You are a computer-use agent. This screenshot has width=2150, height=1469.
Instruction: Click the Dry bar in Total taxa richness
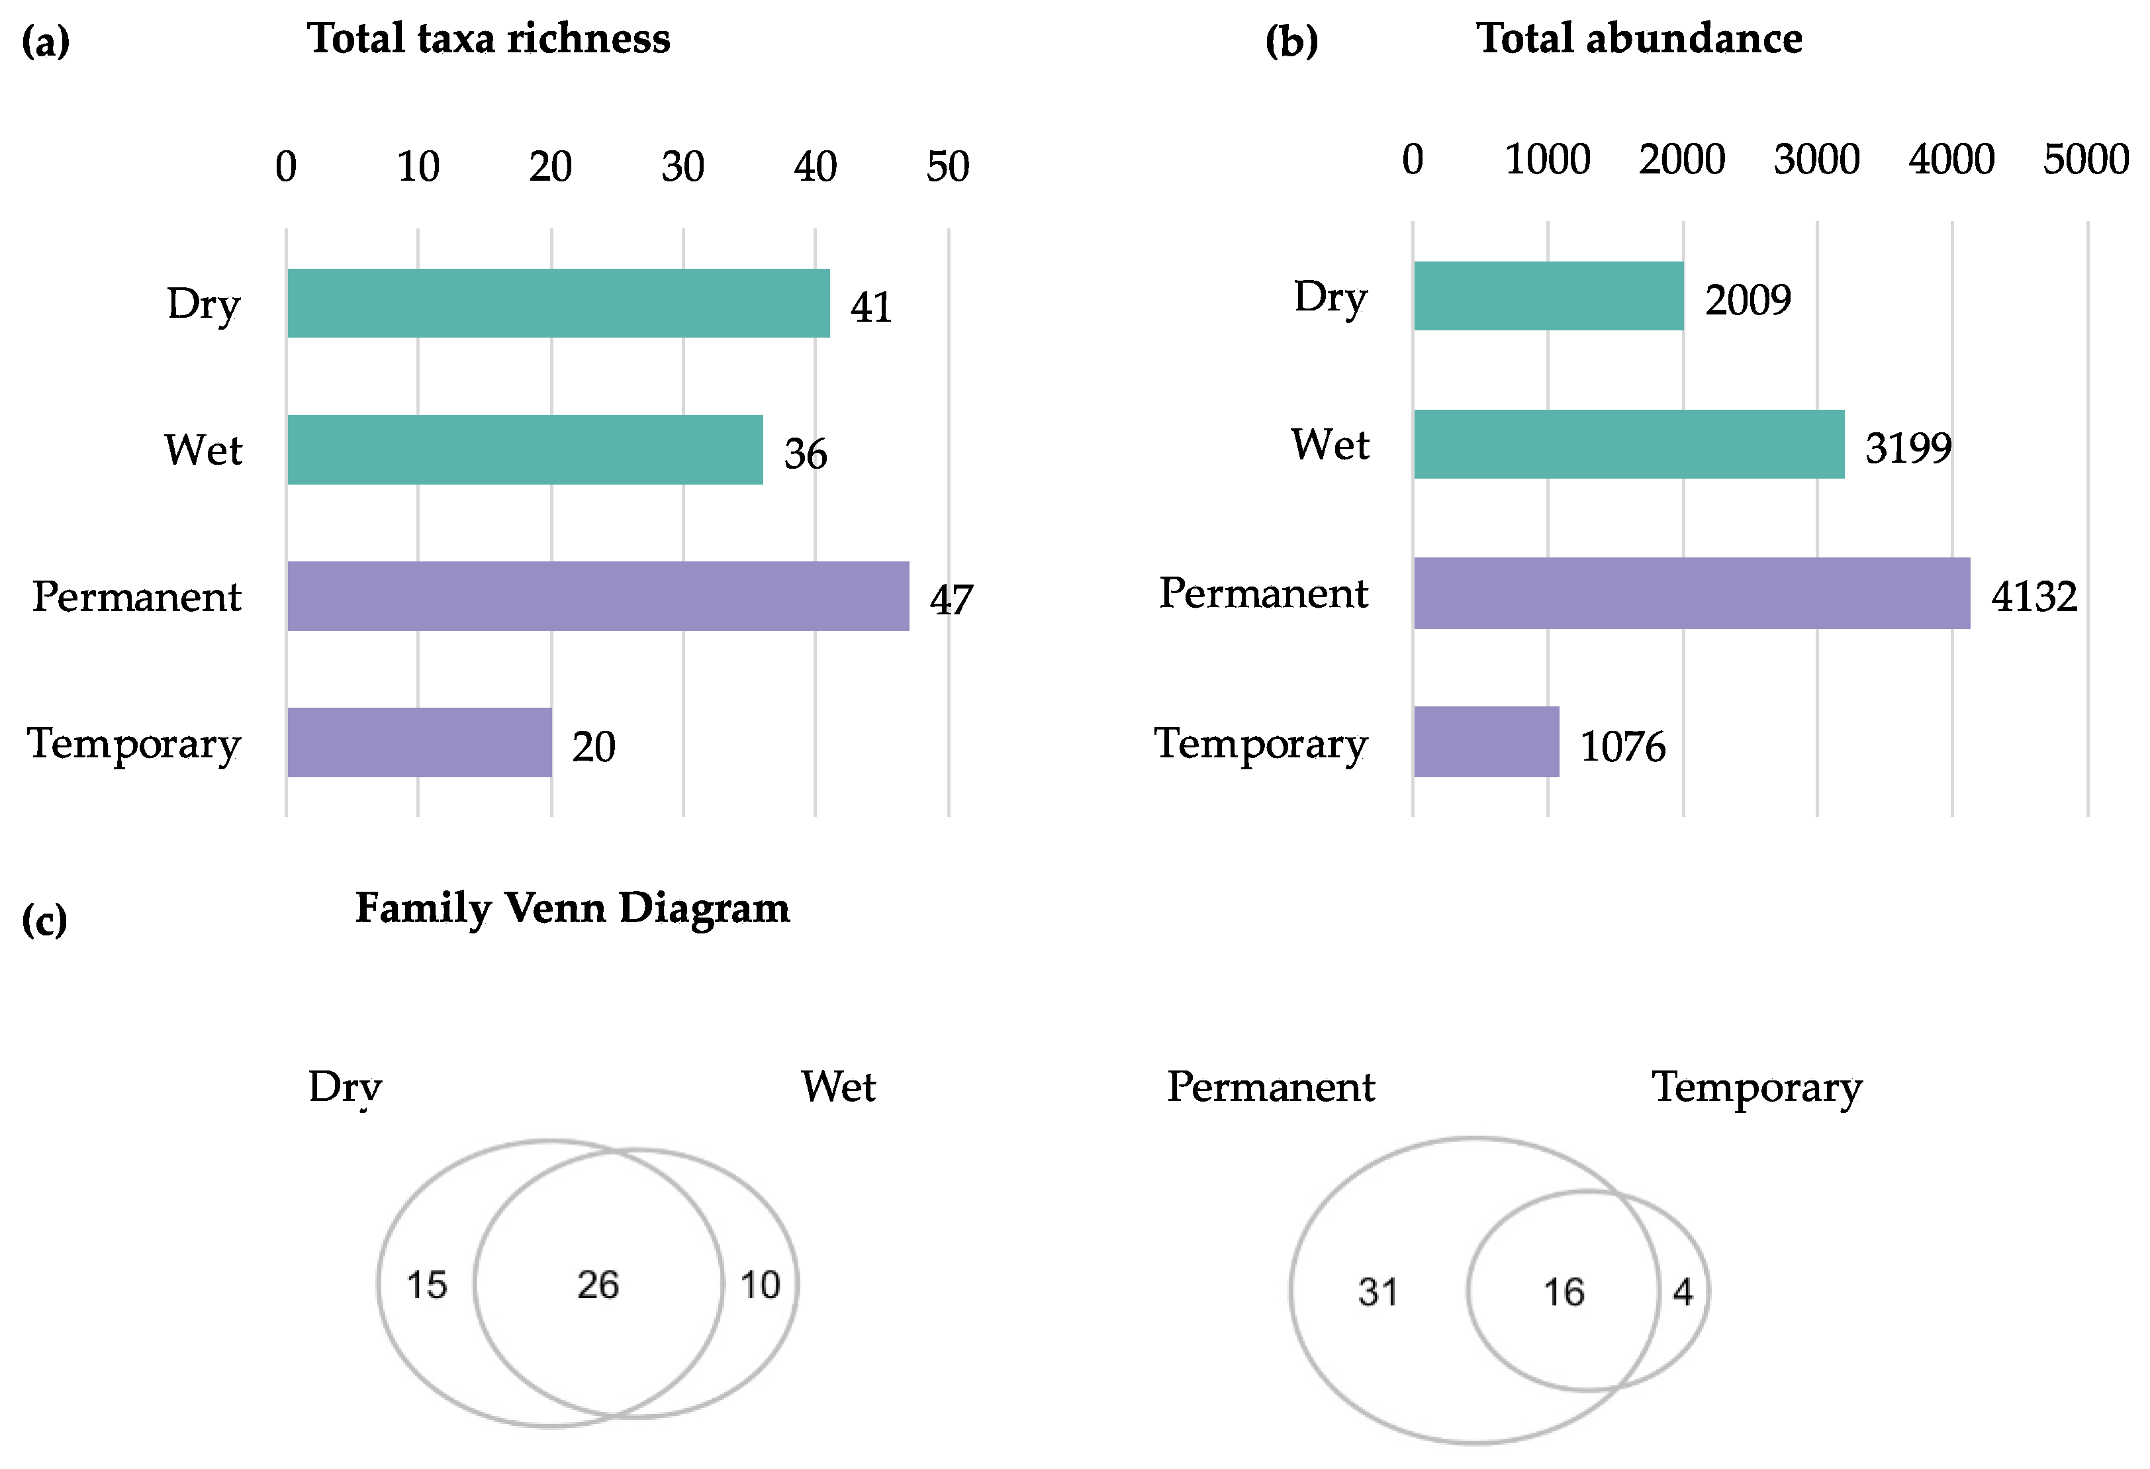tap(558, 303)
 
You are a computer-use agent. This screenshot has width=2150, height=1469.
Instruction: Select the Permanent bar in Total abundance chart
tap(1691, 593)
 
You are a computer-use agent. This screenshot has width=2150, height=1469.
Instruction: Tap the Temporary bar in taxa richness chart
tap(419, 742)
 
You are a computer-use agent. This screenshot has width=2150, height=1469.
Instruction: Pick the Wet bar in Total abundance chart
tap(1628, 444)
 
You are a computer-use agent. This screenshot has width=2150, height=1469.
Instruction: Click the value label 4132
tap(2033, 596)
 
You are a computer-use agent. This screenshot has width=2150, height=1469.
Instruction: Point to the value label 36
tap(805, 454)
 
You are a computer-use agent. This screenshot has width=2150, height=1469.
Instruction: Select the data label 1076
tap(1622, 747)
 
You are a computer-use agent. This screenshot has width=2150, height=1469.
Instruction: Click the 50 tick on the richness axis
tap(947, 167)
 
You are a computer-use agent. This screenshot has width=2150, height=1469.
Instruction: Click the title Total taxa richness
tap(489, 39)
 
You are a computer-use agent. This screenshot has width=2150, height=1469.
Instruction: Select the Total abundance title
tap(1638, 39)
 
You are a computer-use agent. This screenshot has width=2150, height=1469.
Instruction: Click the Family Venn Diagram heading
tap(573, 908)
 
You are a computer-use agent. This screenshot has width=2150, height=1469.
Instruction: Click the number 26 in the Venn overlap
tap(598, 1285)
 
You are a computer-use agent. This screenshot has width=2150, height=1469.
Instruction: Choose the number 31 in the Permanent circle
tap(1378, 1292)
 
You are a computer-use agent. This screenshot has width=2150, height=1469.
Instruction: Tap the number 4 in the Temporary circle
tap(1683, 1292)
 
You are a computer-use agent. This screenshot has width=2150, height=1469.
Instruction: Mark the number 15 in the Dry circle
tap(426, 1285)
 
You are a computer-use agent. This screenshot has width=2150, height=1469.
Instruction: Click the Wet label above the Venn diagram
tap(838, 1087)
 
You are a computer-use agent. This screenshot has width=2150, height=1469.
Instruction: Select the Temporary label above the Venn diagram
tap(1757, 1088)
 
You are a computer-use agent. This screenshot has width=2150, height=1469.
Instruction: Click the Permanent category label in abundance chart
tap(1263, 593)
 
